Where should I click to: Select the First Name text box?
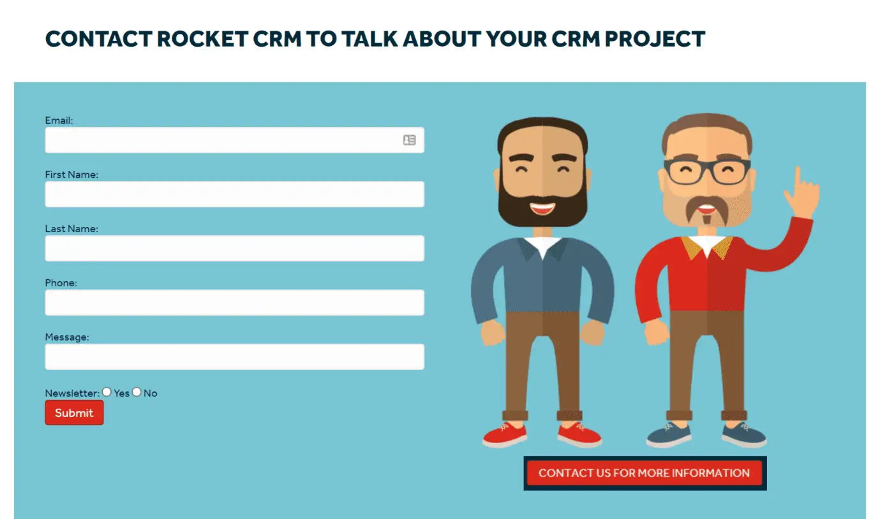pos(234,194)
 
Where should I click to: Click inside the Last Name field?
pos(234,248)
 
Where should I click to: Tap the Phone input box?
pos(234,302)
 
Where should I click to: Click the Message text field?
pos(234,356)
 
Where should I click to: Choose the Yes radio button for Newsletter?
pos(107,392)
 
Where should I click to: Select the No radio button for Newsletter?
pos(137,392)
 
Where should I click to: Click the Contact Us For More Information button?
pos(645,473)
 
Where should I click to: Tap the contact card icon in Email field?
pos(409,140)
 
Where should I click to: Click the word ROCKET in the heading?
pos(202,39)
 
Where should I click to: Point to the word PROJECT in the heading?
pos(655,39)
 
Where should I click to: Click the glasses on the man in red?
pos(707,172)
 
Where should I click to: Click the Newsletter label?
pos(72,393)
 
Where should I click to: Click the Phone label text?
pos(61,282)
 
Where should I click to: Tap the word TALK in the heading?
pos(369,39)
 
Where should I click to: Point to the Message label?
pos(67,337)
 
